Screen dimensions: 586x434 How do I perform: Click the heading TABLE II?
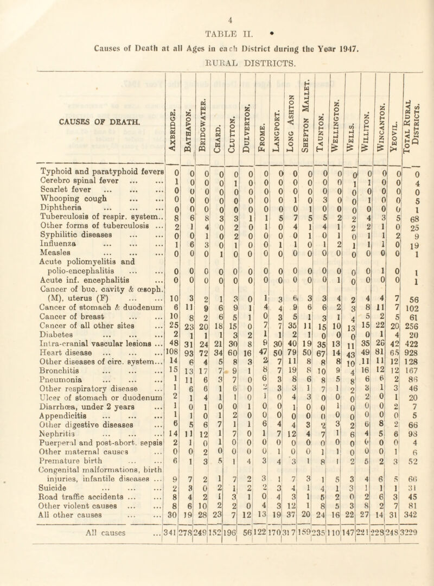[x=217, y=28]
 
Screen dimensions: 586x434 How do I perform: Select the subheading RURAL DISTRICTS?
[x=216, y=56]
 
